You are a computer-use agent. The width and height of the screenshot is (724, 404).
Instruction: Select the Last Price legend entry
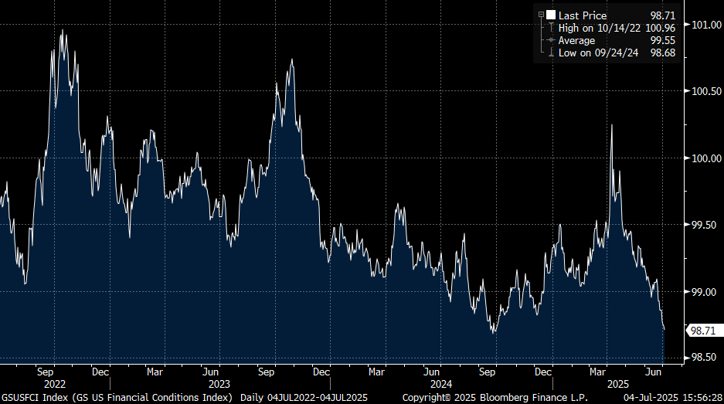coord(583,15)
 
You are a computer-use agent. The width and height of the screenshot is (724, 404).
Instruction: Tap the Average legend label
coord(576,40)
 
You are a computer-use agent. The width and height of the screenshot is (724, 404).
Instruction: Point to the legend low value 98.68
coord(663,53)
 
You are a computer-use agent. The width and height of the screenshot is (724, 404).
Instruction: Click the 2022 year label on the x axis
coord(55,384)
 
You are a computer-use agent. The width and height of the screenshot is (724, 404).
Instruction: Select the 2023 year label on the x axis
coord(219,384)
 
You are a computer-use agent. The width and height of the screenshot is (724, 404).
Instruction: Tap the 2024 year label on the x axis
coord(441,384)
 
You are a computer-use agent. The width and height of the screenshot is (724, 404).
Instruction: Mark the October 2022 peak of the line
coord(62,30)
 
